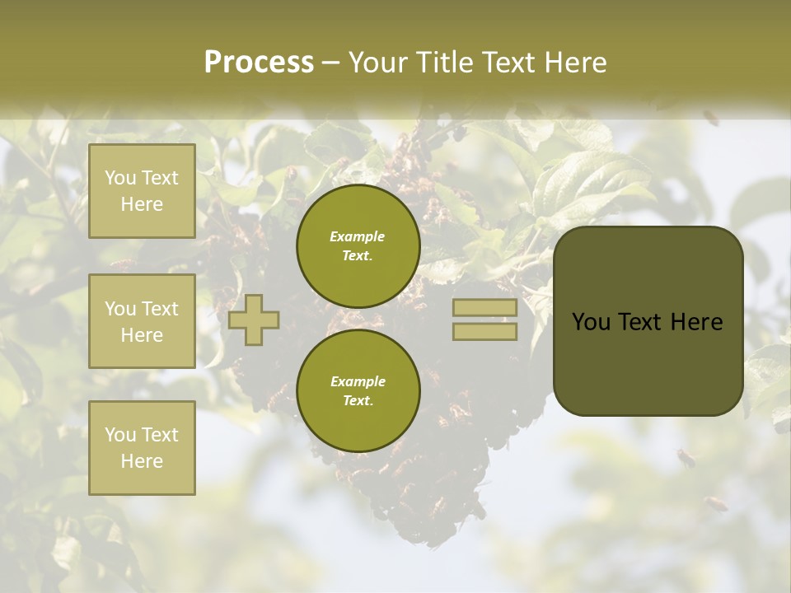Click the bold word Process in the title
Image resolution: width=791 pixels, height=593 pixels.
259,62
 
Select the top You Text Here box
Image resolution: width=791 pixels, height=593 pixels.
142,191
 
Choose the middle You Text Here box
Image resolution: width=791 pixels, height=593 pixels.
142,321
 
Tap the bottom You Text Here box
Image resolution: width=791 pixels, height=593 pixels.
142,447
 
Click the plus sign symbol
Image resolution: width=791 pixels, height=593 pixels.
254,319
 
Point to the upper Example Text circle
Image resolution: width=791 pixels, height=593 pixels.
358,245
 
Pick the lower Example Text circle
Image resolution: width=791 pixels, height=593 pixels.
358,390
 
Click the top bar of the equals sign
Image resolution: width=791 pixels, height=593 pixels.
484,308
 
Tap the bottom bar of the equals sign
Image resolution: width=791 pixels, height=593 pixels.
484,331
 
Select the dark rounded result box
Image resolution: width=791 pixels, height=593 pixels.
648,321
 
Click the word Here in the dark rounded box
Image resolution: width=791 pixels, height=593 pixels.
696,321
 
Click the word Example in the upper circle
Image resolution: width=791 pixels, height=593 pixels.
358,236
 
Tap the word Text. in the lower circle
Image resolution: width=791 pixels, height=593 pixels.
358,400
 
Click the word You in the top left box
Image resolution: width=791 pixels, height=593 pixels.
120,178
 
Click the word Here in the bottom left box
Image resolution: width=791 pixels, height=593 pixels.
142,461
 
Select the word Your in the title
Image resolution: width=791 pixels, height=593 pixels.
377,62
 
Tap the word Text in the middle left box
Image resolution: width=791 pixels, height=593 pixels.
160,309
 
